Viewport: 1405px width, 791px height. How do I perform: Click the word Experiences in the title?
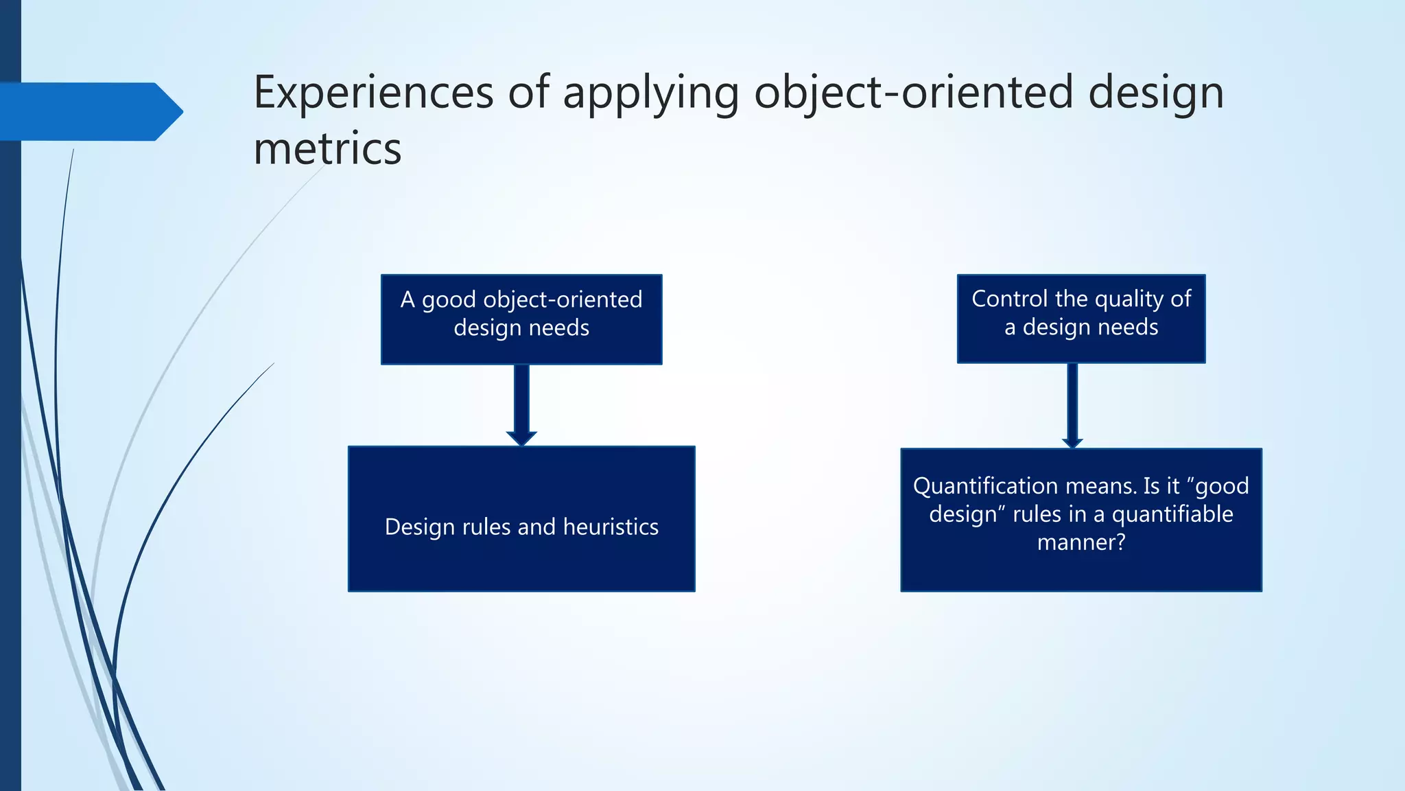coord(373,92)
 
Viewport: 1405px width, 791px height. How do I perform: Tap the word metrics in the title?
coord(327,149)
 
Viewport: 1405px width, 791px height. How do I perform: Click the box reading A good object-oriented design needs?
coord(521,319)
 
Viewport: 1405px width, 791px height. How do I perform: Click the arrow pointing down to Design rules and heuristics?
coord(521,405)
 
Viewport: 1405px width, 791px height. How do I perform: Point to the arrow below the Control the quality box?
coord(1072,405)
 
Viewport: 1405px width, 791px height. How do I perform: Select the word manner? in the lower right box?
coord(1081,542)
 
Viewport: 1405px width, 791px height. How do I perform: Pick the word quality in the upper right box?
coord(1129,299)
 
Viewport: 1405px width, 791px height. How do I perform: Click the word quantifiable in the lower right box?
coord(1172,514)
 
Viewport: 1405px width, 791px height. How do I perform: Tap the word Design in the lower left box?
coord(420,527)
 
